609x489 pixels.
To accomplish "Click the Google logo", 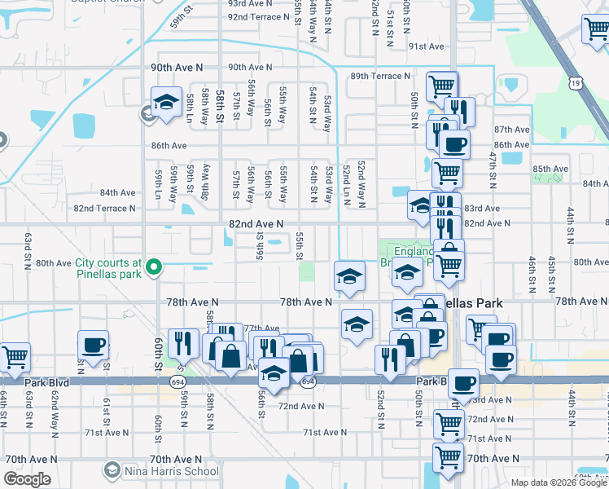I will [27, 478].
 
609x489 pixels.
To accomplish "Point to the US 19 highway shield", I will [576, 82].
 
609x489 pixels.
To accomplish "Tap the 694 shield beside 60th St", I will [176, 381].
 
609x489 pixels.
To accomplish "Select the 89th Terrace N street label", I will [380, 76].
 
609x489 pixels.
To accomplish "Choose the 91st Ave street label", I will [426, 46].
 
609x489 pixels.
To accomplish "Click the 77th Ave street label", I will [261, 328].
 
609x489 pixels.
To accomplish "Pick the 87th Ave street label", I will [511, 130].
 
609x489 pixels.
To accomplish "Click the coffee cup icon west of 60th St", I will [94, 344].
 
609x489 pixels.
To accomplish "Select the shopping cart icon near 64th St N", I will [15, 356].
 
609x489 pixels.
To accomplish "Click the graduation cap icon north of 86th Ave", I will [167, 102].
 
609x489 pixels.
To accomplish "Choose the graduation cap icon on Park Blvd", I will [274, 372].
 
